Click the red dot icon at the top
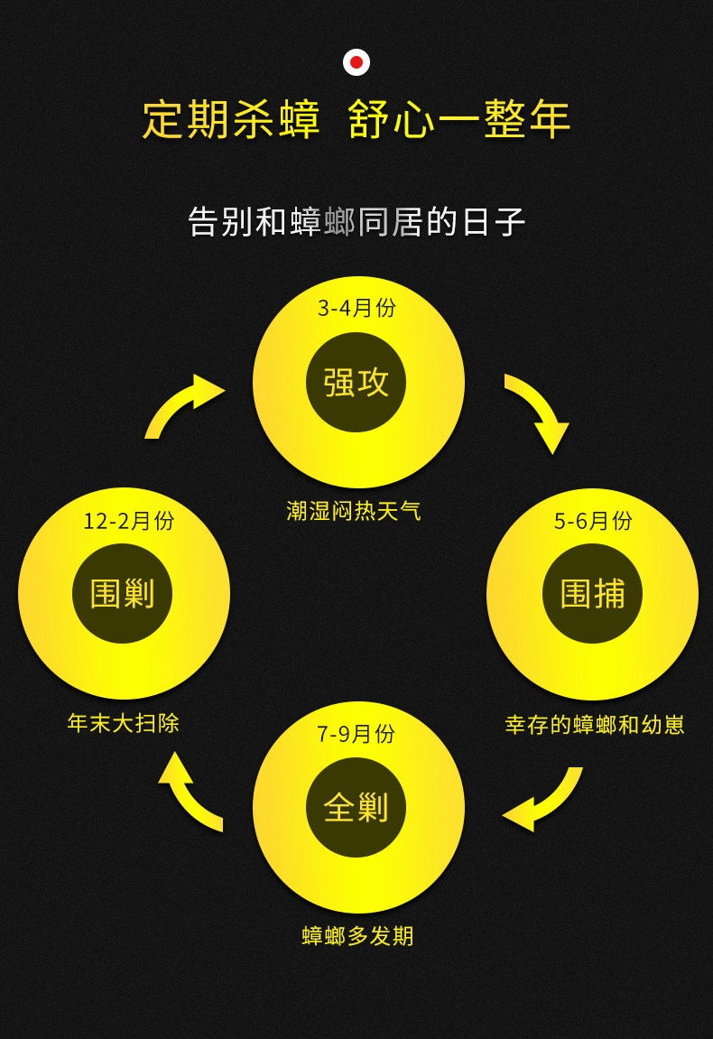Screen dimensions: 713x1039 tap(356, 62)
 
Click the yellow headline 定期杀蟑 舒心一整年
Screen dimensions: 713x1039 tap(356, 120)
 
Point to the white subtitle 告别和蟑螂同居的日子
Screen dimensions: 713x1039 tap(356, 221)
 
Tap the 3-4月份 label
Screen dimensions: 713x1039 tap(356, 308)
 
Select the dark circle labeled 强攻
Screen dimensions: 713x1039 tap(356, 382)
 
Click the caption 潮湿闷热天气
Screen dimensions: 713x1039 tap(354, 511)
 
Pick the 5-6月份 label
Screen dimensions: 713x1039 tap(593, 521)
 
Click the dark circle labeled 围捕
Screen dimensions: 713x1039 tap(592, 593)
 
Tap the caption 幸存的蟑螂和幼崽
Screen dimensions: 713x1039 tap(595, 725)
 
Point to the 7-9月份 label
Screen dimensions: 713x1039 tap(356, 734)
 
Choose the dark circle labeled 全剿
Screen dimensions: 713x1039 tap(356, 807)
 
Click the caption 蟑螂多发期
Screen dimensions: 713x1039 tap(357, 936)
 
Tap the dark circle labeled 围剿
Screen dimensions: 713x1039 tap(123, 593)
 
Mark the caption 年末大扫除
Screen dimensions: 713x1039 tap(124, 723)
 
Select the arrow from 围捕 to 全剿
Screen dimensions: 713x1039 tap(545, 799)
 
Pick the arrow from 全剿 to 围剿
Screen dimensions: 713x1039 tap(187, 792)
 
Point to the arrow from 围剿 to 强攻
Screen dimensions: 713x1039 tap(183, 404)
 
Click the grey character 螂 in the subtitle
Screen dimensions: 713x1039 tap(340, 221)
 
